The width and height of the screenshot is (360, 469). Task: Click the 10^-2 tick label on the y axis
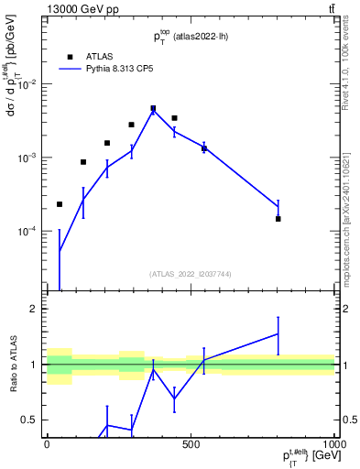click(28, 84)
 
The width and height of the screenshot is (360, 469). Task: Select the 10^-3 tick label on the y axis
click(28, 158)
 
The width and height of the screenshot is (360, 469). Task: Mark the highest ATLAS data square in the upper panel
click(153, 108)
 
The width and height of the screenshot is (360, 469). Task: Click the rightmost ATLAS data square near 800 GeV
click(278, 219)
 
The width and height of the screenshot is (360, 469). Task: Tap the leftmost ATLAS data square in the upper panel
click(60, 204)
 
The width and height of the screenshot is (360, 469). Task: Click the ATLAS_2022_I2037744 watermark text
click(190, 273)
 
